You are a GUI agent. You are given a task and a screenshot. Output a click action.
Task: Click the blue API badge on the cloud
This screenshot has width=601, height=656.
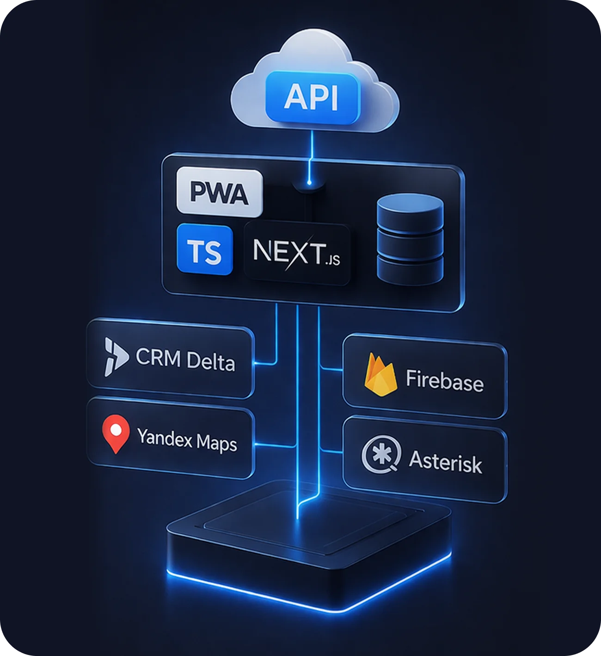313,97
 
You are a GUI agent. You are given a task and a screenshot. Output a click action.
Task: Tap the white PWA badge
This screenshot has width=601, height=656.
220,192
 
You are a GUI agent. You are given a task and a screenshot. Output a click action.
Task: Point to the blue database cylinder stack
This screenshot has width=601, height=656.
410,239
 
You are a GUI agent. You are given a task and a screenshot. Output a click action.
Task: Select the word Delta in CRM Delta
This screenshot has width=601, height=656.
210,361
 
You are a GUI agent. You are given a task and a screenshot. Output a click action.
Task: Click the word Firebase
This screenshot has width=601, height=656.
444,381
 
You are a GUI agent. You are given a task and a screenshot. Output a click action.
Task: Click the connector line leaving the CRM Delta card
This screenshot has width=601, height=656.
265,364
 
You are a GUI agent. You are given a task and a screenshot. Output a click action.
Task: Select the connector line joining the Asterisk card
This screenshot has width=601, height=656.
332,451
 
